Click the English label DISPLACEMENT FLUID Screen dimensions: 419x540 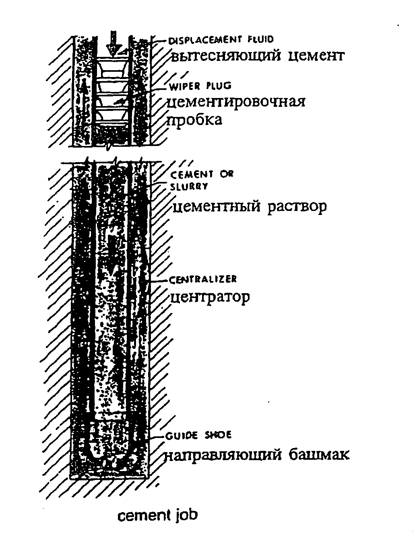coord(221,40)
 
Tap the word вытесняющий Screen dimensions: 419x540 coord(226,56)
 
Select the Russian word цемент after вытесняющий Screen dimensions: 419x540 coord(316,56)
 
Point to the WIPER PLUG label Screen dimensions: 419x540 coord(200,86)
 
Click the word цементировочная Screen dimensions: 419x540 coord(236,102)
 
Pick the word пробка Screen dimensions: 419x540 coord(194,120)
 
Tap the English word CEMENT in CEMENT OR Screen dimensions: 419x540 coord(191,175)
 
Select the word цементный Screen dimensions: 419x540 coord(216,206)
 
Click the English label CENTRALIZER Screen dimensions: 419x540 coord(202,279)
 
